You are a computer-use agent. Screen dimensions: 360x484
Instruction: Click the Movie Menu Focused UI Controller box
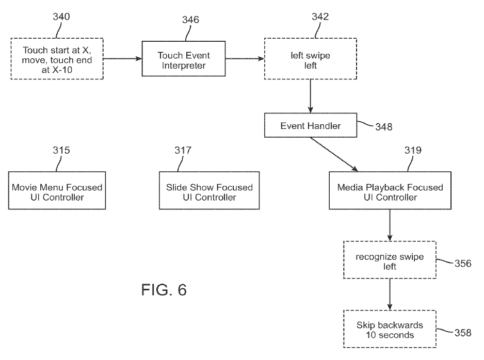click(57, 191)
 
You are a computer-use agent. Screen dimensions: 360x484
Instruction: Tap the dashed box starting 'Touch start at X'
click(57, 58)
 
